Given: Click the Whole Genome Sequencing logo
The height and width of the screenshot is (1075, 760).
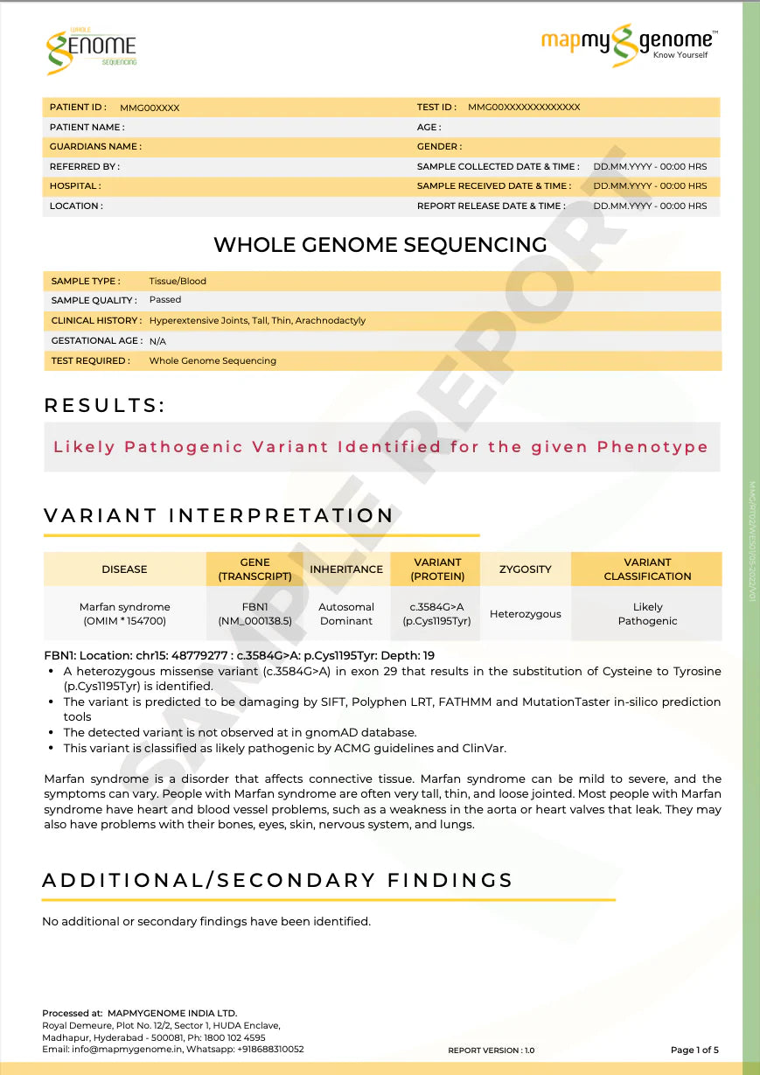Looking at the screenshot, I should click(x=91, y=47).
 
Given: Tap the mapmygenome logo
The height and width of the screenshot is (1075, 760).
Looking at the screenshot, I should click(x=628, y=45).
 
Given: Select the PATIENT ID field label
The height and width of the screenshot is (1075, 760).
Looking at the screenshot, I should click(x=78, y=108).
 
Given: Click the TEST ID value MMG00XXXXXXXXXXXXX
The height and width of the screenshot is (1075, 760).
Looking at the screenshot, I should click(x=524, y=108).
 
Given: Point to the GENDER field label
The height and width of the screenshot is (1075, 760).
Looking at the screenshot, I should click(x=440, y=147).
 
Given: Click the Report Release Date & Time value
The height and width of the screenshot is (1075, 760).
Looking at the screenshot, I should click(x=650, y=206).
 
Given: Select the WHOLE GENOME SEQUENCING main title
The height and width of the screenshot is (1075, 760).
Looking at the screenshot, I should click(x=380, y=245).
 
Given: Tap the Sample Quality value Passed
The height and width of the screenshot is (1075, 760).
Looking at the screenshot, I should click(x=165, y=300).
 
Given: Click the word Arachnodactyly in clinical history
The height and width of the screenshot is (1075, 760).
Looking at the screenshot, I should click(x=331, y=320).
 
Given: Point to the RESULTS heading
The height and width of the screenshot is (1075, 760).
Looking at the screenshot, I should click(x=105, y=406).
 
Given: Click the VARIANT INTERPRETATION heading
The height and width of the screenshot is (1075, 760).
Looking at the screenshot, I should click(x=219, y=516).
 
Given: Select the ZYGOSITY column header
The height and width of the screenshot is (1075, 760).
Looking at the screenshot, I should click(x=525, y=569).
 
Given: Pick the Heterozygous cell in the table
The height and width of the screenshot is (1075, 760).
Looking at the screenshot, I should click(x=525, y=614).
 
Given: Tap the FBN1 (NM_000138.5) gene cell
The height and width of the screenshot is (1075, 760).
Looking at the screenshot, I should click(x=254, y=614).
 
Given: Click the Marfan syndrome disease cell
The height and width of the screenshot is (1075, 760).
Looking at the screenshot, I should click(x=125, y=614).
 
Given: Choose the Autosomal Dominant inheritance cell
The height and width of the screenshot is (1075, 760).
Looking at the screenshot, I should click(x=346, y=614).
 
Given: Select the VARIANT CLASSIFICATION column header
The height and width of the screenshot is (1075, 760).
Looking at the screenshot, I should click(x=647, y=569).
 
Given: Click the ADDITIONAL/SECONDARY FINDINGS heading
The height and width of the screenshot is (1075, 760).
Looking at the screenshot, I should click(x=277, y=880).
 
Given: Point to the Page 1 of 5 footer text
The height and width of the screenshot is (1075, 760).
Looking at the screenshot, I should click(x=694, y=1050).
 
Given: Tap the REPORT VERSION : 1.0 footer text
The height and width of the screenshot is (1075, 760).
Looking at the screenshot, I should click(x=491, y=1051).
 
